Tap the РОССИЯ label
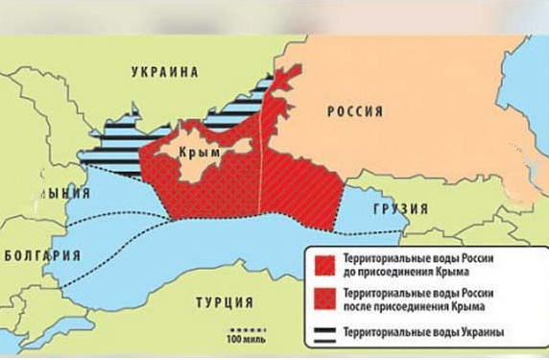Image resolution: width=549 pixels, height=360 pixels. point(355,111)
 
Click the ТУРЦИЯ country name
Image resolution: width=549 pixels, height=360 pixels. point(225,303)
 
